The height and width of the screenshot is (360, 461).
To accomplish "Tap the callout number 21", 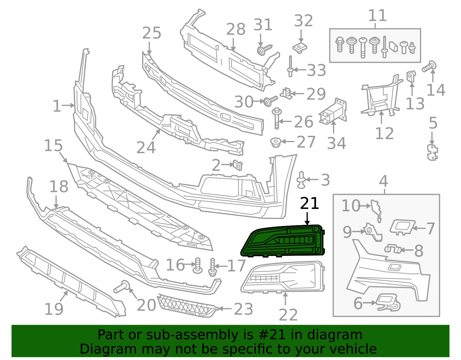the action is tap(309, 203).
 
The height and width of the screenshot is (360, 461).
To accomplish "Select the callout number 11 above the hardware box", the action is tap(377, 15).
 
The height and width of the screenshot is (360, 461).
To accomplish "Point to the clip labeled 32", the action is tap(300, 48).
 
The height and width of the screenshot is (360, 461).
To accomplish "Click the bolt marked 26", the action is tap(277, 118).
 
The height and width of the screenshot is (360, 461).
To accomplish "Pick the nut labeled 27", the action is tap(276, 142).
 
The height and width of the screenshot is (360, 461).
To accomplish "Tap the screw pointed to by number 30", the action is tap(270, 101).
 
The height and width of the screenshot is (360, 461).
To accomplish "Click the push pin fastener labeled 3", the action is tap(301, 180).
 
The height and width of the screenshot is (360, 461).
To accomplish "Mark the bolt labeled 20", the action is tap(122, 287).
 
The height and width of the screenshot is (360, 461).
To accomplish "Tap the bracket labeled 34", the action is tap(332, 112).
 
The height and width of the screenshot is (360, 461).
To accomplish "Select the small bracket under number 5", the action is tap(432, 152).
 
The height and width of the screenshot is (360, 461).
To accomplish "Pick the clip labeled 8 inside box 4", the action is tap(392, 249).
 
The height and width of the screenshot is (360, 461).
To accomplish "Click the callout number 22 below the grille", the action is tap(288, 315).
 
